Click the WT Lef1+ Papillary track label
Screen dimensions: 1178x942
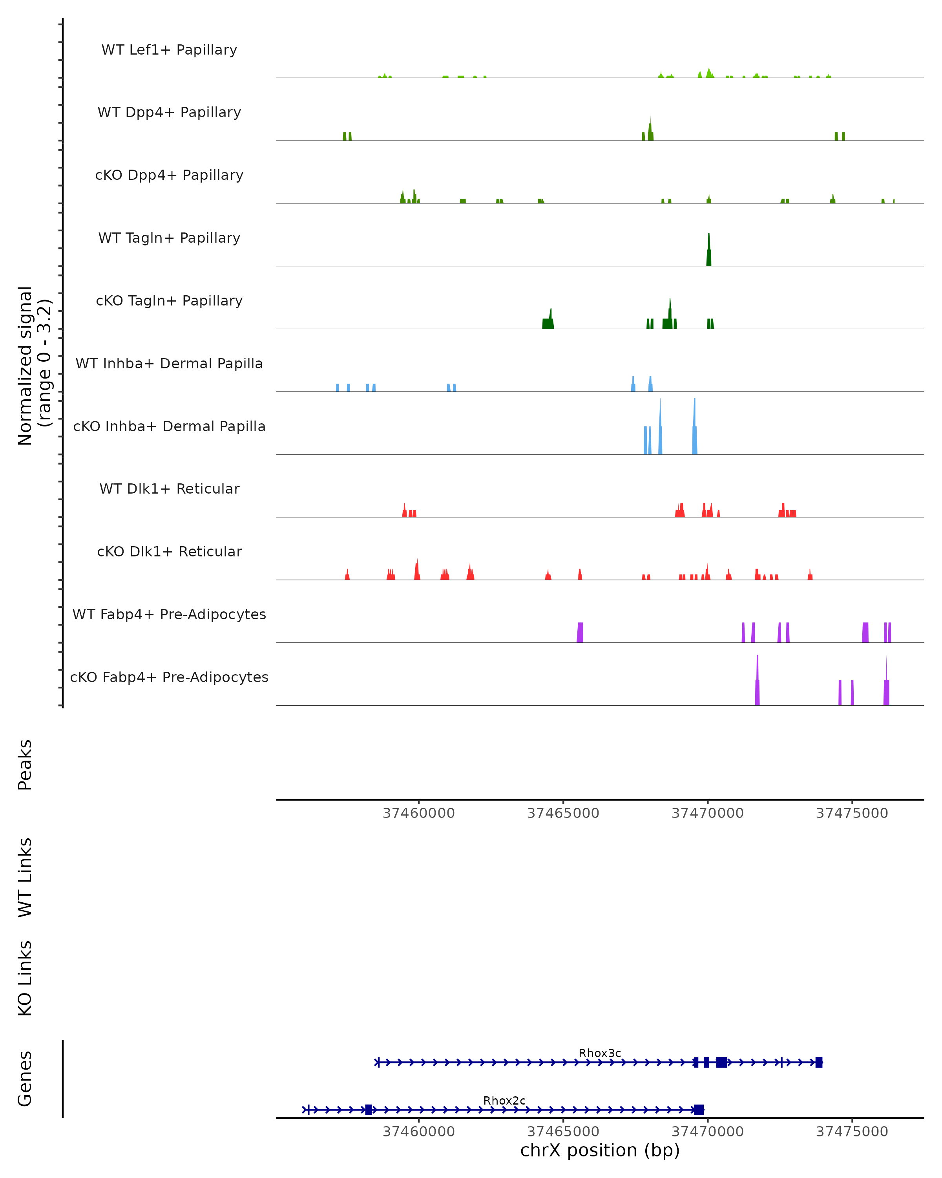[169, 50]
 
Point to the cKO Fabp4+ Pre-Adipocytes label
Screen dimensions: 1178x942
[169, 677]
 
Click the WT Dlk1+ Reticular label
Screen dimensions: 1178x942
[169, 488]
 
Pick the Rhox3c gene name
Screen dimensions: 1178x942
[600, 1053]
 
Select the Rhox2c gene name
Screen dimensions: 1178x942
[504, 1100]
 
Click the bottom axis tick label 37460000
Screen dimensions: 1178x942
[419, 1132]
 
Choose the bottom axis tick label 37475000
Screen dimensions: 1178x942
[852, 1132]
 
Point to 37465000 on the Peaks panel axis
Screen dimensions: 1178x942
[563, 813]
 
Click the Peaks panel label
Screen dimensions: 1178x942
[25, 765]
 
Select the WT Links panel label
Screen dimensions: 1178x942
[25, 877]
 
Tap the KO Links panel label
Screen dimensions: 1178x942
[25, 978]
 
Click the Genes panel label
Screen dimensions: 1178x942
[25, 1078]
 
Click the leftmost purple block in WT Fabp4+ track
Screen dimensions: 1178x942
[580, 633]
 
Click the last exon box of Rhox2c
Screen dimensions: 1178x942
[698, 1110]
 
